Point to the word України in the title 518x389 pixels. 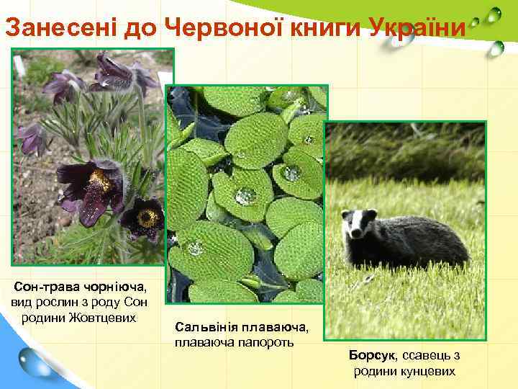point(419,28)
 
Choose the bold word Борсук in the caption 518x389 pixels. point(372,355)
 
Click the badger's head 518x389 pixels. point(358,228)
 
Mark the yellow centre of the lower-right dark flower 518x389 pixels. point(148,215)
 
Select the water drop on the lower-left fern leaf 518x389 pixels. point(195,248)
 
